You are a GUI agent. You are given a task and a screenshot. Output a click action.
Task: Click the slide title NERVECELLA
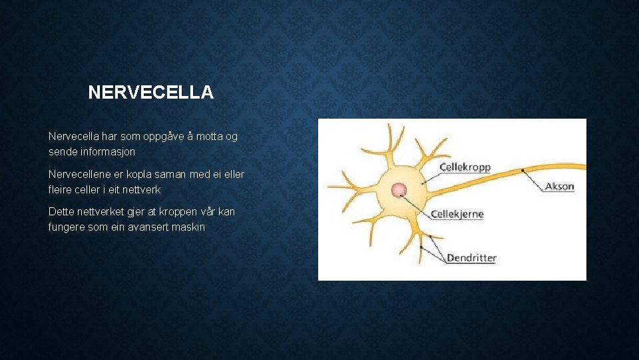150,92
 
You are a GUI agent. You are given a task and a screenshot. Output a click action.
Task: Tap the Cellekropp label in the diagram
465,167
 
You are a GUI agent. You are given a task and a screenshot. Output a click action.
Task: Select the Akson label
559,186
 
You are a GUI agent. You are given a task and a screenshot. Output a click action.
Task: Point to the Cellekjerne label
457,215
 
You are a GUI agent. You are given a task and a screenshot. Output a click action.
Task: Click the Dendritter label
471,257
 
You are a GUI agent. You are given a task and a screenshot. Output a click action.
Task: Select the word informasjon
108,152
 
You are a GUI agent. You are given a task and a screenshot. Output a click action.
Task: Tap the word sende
62,152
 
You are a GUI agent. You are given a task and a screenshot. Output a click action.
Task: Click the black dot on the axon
523,171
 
